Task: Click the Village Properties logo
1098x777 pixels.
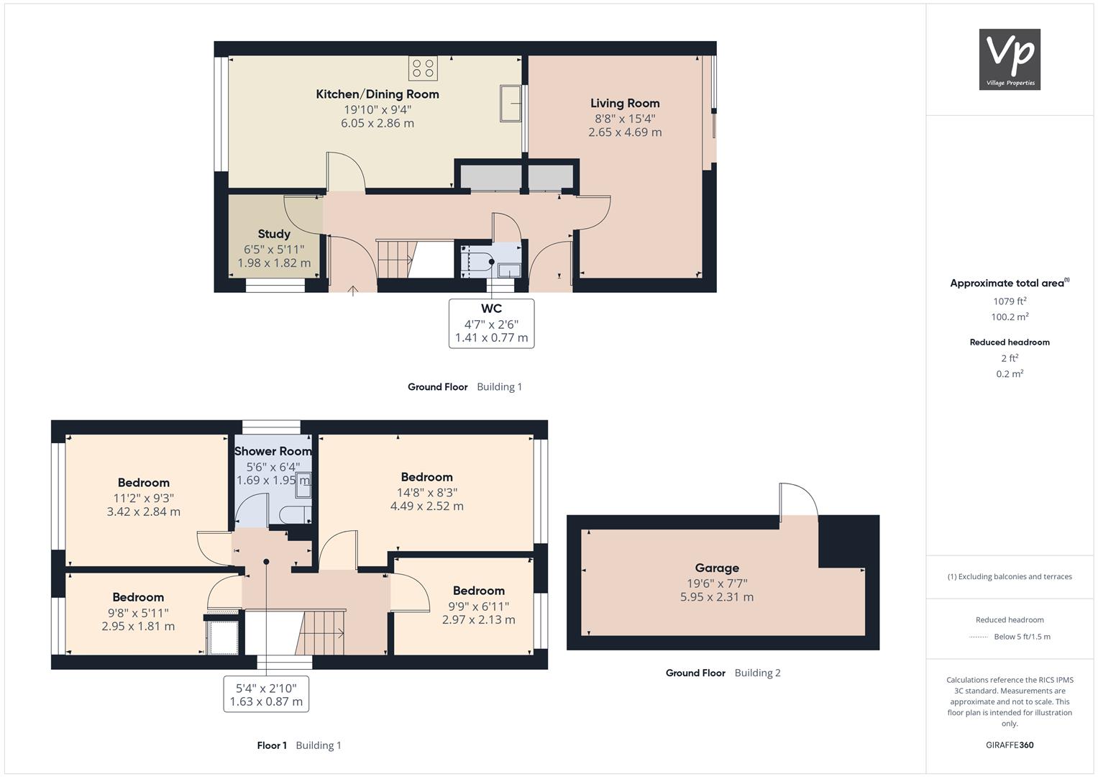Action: coord(1010,59)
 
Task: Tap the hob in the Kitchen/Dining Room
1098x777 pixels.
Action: coord(423,68)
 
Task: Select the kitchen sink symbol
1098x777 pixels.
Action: coord(511,103)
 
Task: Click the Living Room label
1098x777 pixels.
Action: coord(625,104)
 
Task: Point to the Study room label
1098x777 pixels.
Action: coord(274,234)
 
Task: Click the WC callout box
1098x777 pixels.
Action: coord(491,324)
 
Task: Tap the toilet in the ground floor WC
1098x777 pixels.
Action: coord(478,261)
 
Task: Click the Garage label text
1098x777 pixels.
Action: coord(717,568)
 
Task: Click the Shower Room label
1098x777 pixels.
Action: coord(273,451)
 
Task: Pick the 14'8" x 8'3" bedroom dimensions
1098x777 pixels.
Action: coord(426,493)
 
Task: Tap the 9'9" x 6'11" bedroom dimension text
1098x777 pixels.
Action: coord(478,606)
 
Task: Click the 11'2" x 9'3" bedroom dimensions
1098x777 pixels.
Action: coord(144,499)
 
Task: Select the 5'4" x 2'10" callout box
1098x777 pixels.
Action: coord(266,694)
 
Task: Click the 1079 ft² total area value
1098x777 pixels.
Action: coord(1010,301)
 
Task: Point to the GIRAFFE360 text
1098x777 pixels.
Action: coord(1010,745)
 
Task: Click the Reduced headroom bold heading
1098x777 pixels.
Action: coord(1010,342)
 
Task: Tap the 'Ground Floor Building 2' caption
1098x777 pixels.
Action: coord(723,673)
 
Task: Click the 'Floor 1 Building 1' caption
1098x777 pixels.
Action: coord(299,745)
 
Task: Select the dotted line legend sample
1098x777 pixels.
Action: coord(979,637)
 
